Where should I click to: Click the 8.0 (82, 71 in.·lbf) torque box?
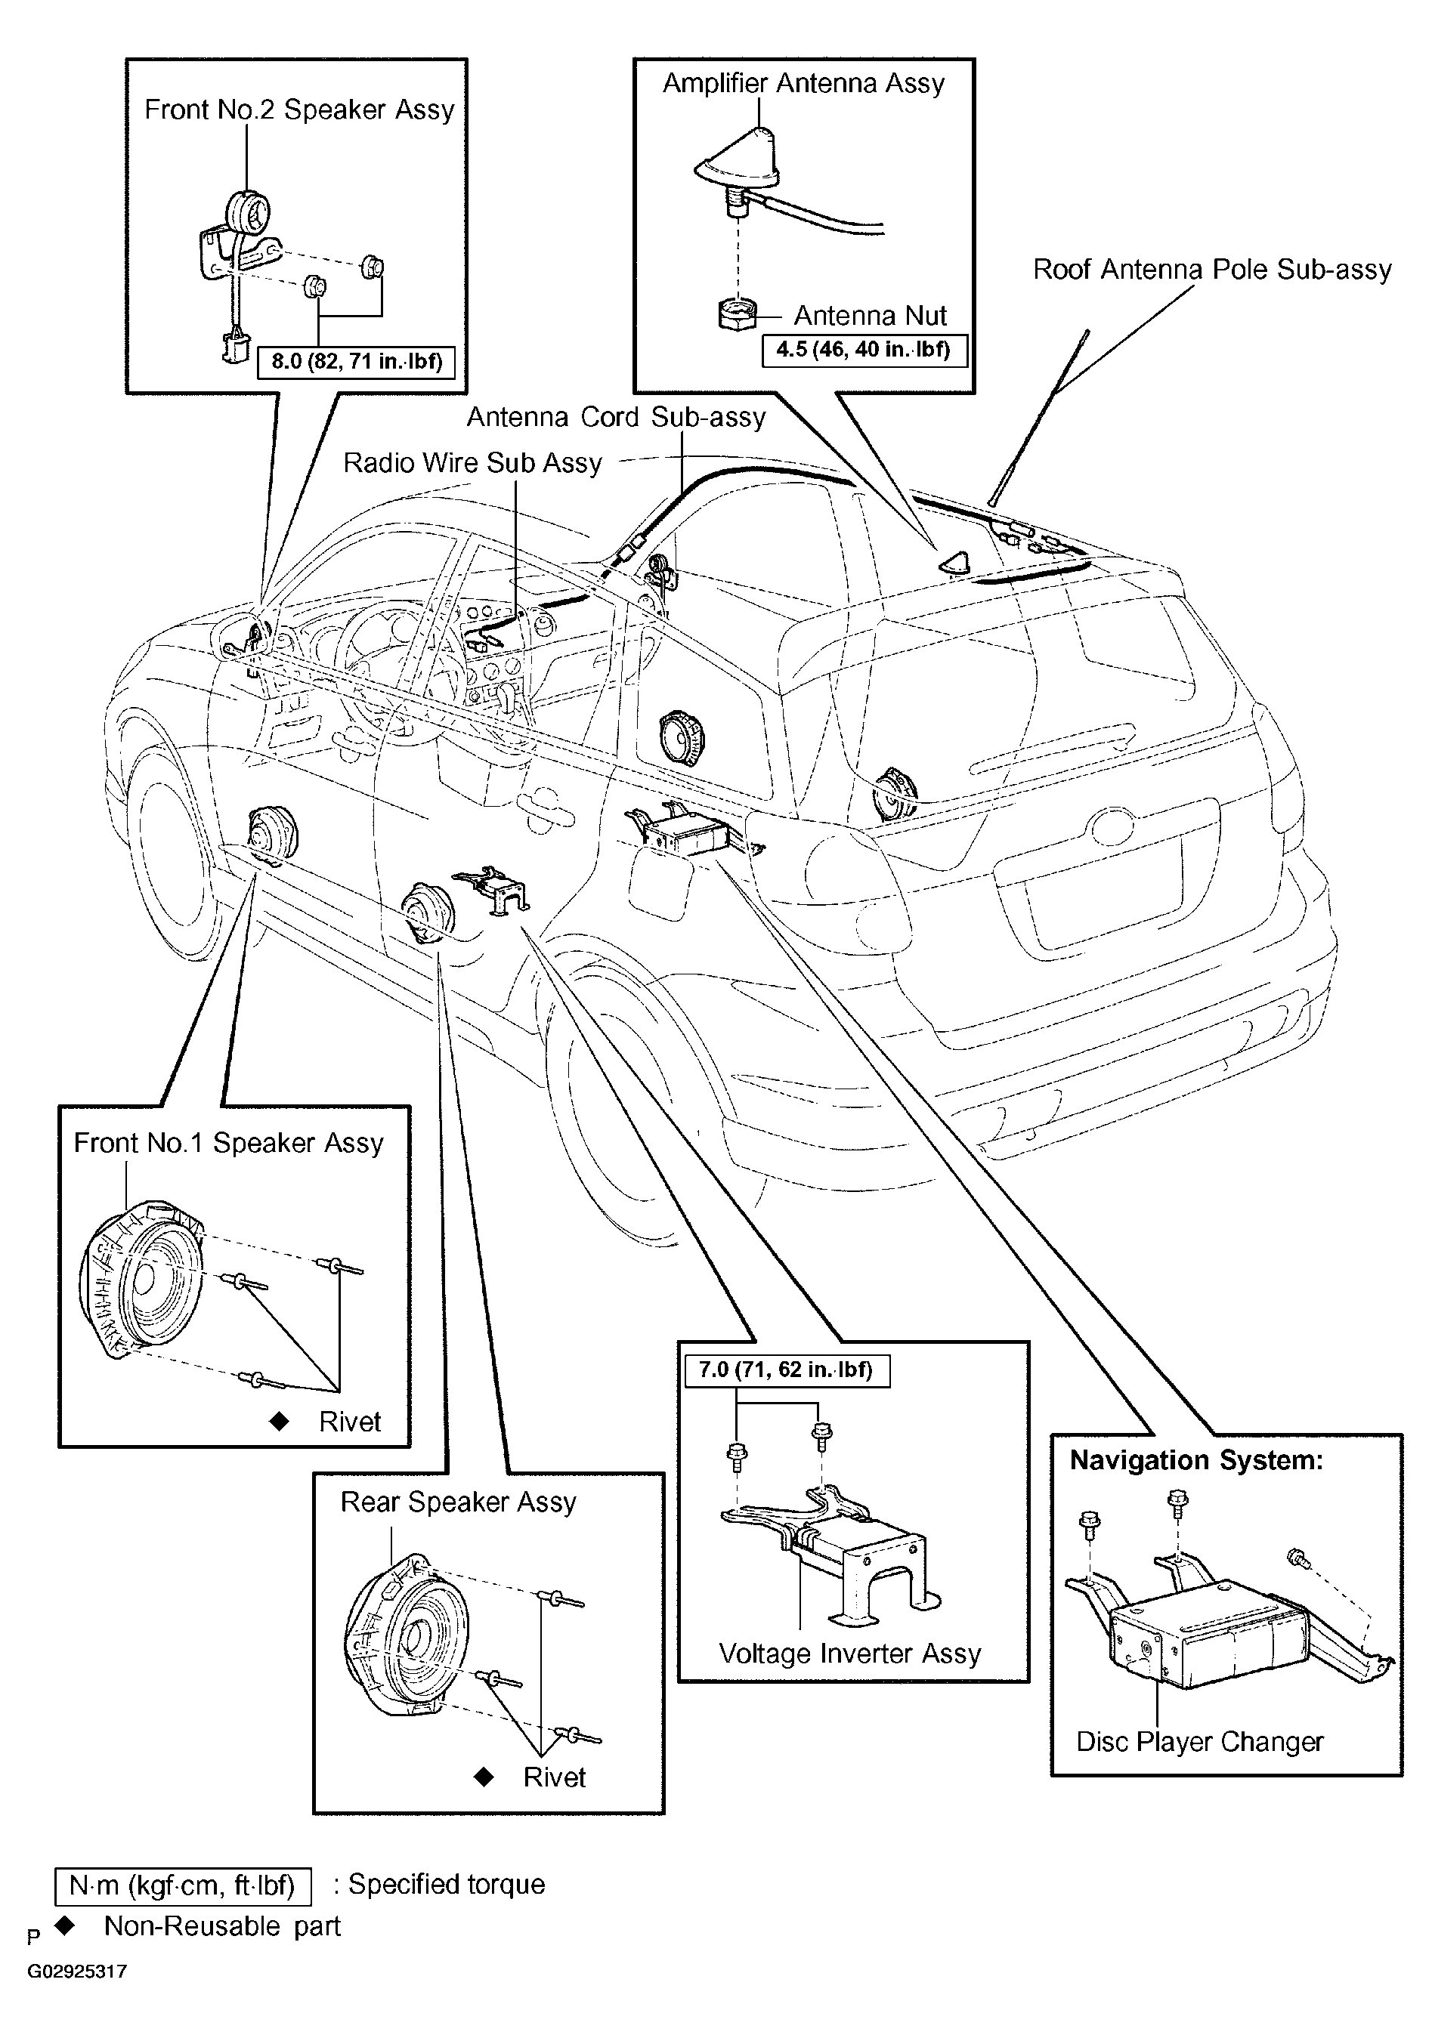(357, 362)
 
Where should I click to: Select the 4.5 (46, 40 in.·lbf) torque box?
(864, 349)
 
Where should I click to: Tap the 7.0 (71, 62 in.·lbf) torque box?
(786, 1370)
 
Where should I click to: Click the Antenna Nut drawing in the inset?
(737, 315)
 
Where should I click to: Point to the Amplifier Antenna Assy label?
(803, 83)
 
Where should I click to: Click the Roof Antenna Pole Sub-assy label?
(1212, 269)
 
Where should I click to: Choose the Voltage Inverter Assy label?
(850, 1653)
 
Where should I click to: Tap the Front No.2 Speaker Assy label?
(300, 109)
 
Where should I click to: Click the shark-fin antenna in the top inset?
(738, 164)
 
